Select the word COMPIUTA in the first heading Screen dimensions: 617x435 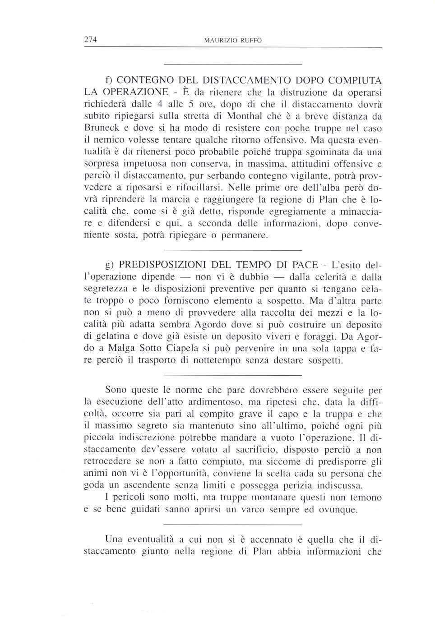pos(355,81)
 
